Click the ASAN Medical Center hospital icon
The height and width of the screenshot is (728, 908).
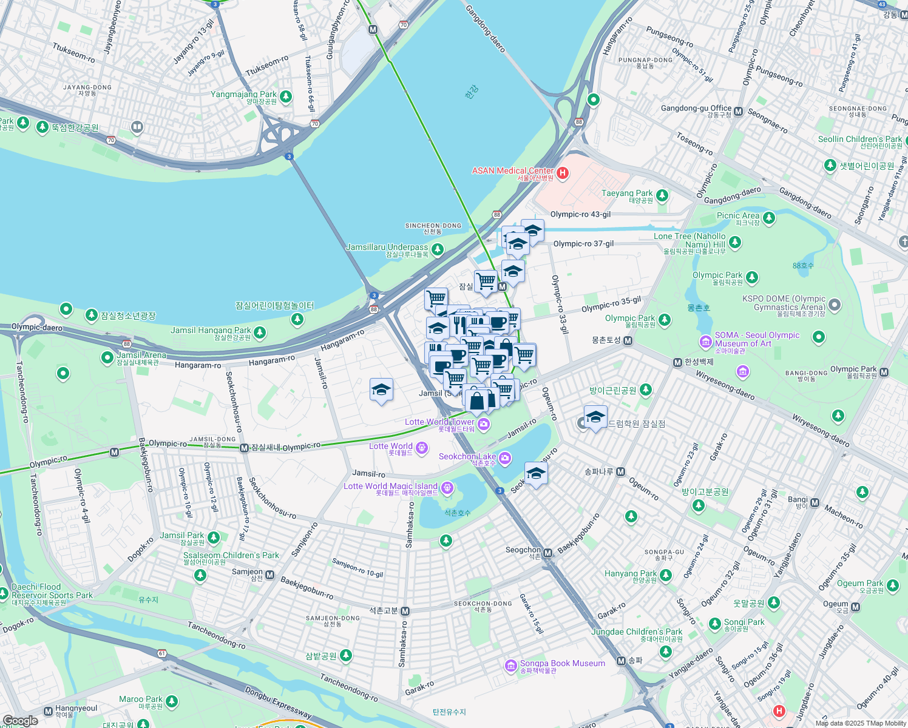562,174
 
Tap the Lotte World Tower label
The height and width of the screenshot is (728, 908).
439,422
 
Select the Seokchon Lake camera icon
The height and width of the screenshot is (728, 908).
506,459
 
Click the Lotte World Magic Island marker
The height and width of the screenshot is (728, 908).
447,488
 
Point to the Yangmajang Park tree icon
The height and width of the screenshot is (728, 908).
286,96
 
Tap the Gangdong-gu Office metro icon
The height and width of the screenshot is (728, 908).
739,112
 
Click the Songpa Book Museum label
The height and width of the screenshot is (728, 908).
562,664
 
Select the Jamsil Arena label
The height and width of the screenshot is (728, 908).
141,356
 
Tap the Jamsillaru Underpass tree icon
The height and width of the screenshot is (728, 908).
437,249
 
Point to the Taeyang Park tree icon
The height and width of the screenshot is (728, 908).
662,195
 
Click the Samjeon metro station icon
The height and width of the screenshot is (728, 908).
270,575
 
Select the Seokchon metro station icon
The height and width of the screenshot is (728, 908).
548,553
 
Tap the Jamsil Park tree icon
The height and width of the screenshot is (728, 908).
214,538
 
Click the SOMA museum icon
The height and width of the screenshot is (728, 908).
705,342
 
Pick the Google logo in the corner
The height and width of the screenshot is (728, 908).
20,721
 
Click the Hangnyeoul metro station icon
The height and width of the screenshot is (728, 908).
49,711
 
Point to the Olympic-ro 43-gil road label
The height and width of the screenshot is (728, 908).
580,214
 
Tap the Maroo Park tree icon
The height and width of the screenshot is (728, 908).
172,701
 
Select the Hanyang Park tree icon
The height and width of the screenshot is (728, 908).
666,575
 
